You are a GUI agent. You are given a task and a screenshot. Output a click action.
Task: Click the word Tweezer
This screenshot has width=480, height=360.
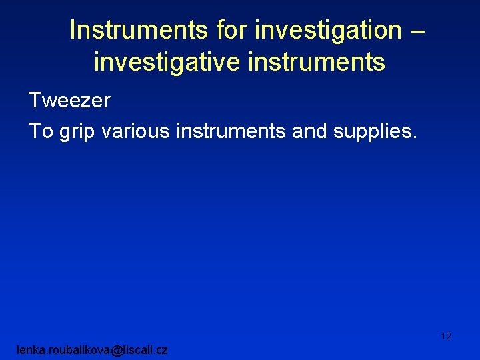pos(69,101)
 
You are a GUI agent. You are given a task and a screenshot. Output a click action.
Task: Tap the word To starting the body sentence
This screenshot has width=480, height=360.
pos(41,131)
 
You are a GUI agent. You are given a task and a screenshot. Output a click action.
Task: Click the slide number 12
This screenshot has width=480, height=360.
pos(446,337)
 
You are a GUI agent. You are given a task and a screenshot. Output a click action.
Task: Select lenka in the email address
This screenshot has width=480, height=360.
pos(31,349)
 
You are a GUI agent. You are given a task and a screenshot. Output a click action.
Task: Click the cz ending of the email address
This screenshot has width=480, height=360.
pos(161,350)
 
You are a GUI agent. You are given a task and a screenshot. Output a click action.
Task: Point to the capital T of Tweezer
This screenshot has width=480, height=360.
pos(35,101)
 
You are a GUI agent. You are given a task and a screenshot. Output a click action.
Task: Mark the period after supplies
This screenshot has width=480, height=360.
pos(414,137)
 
